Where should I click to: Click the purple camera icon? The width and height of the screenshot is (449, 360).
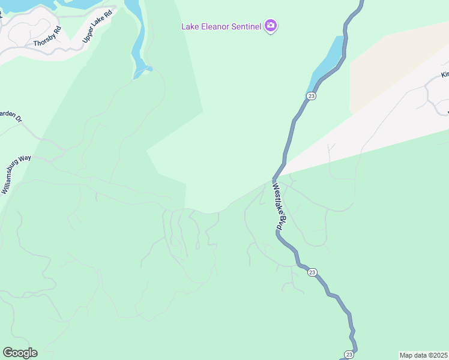(271, 25)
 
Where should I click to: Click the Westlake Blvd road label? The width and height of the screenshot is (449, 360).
(277, 207)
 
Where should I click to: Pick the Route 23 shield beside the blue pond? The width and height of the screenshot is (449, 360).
(310, 96)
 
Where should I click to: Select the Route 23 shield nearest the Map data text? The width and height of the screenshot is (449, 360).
(349, 354)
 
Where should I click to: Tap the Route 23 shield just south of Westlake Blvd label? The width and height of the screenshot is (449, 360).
(312, 272)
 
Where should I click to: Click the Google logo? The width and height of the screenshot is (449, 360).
(20, 353)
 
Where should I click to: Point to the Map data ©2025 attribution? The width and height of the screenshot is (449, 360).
(423, 355)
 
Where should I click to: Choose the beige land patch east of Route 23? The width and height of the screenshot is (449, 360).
(390, 66)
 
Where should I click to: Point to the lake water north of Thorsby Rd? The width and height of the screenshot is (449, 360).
(24, 5)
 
